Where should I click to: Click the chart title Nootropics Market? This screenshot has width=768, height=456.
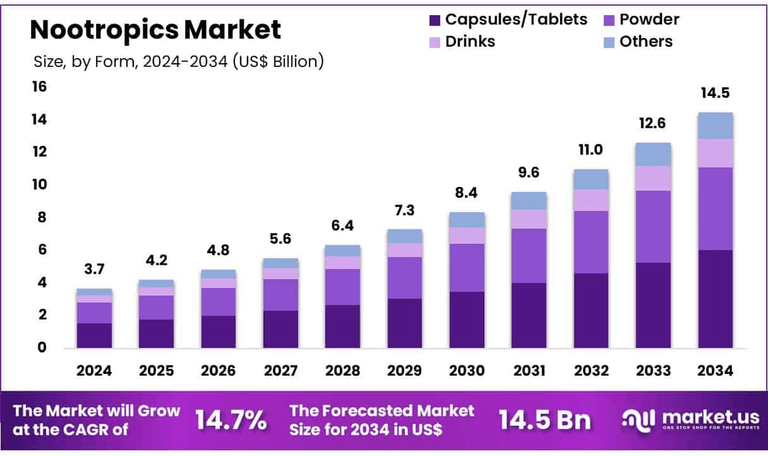[x=155, y=30]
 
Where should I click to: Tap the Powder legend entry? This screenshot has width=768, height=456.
[x=640, y=20]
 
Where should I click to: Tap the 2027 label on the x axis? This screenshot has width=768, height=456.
[x=280, y=371]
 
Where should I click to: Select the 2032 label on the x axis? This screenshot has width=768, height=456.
[x=591, y=371]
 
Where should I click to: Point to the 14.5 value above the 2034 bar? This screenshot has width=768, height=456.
[x=715, y=93]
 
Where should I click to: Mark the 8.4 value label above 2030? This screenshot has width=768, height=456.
[x=467, y=193]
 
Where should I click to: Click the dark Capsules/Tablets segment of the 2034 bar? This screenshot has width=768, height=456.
[x=715, y=299]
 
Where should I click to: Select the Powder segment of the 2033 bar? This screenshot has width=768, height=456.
[x=653, y=226]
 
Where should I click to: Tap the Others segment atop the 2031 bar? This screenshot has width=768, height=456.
[x=529, y=200]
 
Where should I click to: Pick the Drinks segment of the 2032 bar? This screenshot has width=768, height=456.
[x=591, y=200]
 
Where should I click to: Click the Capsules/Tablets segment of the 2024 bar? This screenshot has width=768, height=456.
[x=94, y=335]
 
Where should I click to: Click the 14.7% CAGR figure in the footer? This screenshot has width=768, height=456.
[x=231, y=419]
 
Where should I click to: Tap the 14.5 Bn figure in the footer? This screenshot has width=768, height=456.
[x=544, y=419]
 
